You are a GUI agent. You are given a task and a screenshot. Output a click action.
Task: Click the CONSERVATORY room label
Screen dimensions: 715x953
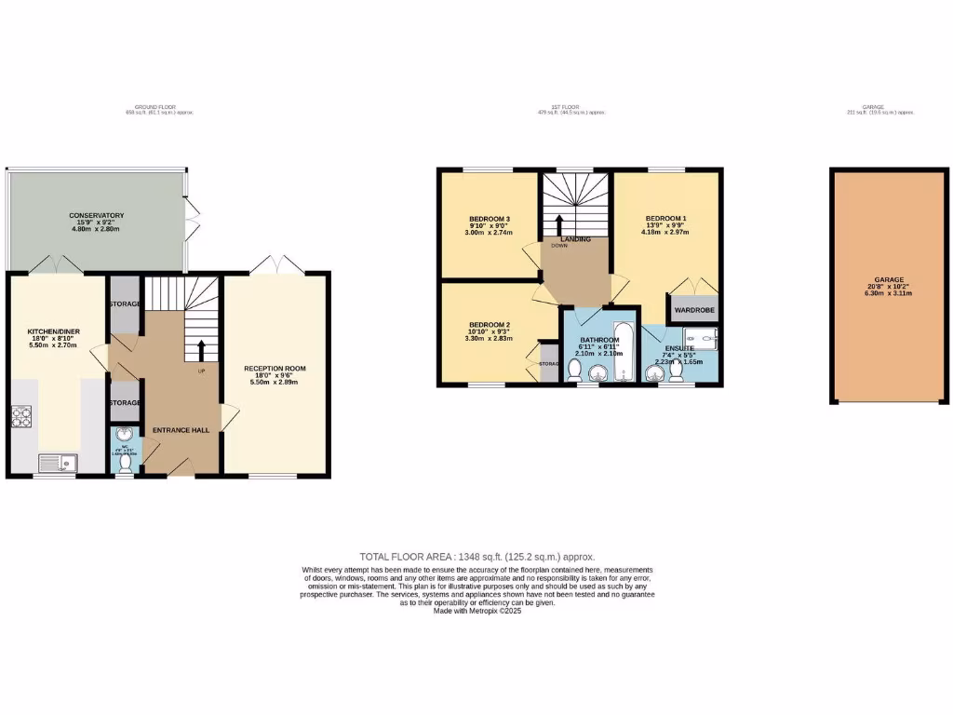pyautogui.click(x=97, y=216)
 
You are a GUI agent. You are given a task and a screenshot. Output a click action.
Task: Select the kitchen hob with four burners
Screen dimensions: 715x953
pyautogui.click(x=21, y=417)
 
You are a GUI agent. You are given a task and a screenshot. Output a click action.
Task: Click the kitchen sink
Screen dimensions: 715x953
pyautogui.click(x=54, y=461)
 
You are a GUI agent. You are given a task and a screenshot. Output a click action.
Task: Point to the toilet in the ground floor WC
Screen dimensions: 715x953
pyautogui.click(x=125, y=463)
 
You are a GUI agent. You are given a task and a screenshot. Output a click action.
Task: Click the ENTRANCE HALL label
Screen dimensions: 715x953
pyautogui.click(x=181, y=431)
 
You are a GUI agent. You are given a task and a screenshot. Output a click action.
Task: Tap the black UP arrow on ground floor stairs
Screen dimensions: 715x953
pyautogui.click(x=201, y=350)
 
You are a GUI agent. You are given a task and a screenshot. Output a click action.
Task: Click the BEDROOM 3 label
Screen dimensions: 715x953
pyautogui.click(x=489, y=220)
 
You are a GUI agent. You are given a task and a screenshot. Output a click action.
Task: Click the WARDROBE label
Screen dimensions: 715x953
pyautogui.click(x=692, y=309)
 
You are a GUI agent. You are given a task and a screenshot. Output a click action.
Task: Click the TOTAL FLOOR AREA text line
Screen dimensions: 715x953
pyautogui.click(x=476, y=557)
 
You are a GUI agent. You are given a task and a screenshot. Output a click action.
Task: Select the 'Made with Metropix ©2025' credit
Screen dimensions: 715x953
pyautogui.click(x=476, y=611)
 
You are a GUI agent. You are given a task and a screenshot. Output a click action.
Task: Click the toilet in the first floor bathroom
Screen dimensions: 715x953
pyautogui.click(x=574, y=372)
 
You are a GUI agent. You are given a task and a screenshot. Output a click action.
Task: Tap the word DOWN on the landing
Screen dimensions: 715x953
pyautogui.click(x=558, y=247)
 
